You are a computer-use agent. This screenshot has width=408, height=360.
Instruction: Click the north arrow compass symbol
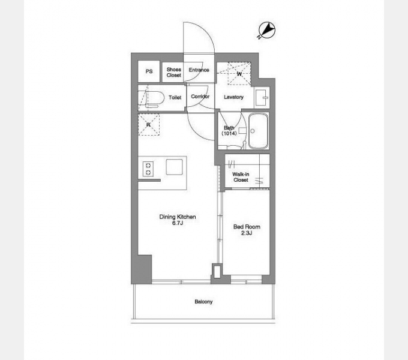click(x=266, y=31)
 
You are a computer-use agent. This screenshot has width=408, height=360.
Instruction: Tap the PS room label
click(x=149, y=71)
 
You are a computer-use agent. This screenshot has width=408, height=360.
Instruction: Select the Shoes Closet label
click(x=174, y=73)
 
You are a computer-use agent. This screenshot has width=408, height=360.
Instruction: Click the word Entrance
click(x=199, y=70)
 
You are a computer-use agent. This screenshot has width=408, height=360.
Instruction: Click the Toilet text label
click(x=175, y=97)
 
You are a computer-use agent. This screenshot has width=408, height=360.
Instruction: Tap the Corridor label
click(x=200, y=97)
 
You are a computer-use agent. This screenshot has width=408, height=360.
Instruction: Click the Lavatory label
click(x=233, y=97)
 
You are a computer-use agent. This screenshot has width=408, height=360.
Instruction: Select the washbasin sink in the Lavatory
click(x=262, y=98)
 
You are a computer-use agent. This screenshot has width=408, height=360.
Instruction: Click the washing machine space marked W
click(x=239, y=74)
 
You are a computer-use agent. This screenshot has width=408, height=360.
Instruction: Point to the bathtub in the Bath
click(x=258, y=131)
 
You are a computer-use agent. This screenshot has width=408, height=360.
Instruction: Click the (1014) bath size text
click(x=229, y=133)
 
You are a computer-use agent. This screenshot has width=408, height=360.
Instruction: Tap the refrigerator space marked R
click(x=149, y=125)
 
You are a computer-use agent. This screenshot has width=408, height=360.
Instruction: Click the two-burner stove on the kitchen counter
click(x=148, y=169)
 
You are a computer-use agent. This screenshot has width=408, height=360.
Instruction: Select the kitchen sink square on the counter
click(x=175, y=167)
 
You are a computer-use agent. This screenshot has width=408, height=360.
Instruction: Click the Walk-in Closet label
click(x=241, y=177)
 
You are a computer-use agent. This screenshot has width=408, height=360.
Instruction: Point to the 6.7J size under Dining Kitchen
click(x=178, y=223)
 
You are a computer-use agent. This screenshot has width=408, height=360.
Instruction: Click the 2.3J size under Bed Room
click(x=247, y=233)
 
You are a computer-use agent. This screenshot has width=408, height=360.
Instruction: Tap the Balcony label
click(x=203, y=302)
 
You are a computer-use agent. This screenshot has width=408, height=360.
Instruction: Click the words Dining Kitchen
click(x=178, y=217)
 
